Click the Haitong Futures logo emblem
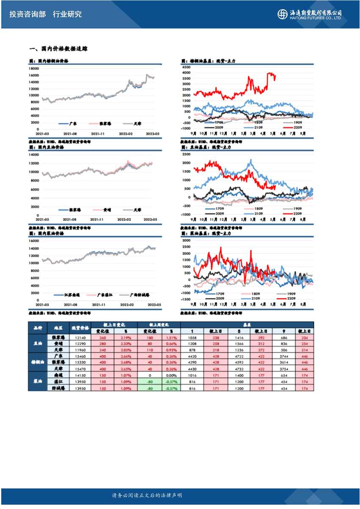tap(282, 14)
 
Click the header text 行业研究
tap(67, 14)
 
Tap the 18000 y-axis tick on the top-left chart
tap(34, 68)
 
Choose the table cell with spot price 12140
tap(80, 337)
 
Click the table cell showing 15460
tap(80, 357)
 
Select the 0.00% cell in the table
tap(171, 375)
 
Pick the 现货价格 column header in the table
tap(80, 328)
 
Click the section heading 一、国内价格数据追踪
tap(58, 49)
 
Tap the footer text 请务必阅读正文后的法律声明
tap(147, 495)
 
